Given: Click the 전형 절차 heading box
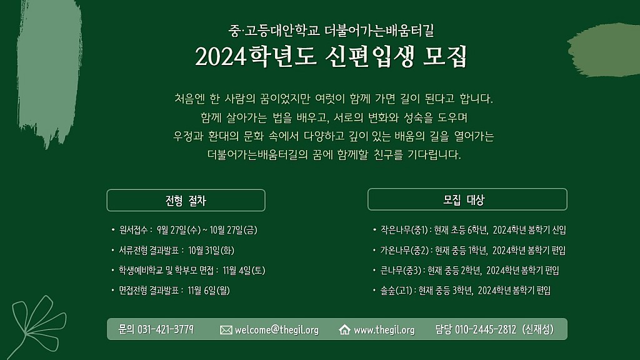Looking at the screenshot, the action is click(186, 200).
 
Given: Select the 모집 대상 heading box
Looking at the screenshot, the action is click(467, 199).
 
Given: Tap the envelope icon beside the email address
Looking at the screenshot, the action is click(226, 330).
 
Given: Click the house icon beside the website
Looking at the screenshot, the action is click(344, 329).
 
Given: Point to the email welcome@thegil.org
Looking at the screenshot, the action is click(277, 330).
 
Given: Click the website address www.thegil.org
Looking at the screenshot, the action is click(384, 330).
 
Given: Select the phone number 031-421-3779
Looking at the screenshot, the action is click(165, 329).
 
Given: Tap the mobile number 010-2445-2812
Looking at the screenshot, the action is click(486, 329).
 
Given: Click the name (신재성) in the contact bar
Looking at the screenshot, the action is click(538, 329).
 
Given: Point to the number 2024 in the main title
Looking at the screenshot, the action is click(221, 56).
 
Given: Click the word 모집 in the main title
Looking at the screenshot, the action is click(445, 56).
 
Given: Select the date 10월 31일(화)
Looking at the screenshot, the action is click(211, 250).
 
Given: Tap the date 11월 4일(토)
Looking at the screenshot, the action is click(244, 270).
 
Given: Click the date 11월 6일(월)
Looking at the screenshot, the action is click(209, 290).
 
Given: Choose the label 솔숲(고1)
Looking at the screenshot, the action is click(396, 290).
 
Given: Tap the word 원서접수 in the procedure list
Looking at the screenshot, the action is click(134, 230).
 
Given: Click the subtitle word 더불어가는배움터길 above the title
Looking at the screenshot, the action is click(379, 31).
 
